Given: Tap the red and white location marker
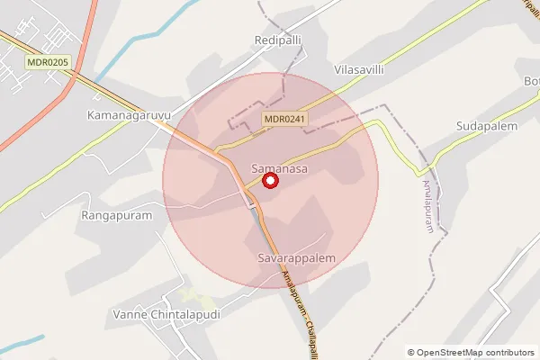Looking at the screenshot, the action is tap(269, 181).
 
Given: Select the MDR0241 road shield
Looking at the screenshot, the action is tap(286, 119).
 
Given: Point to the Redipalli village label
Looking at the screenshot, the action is tap(280, 43).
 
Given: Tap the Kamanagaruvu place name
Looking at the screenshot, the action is tap(128, 116).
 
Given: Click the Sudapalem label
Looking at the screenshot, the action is tap(486, 126).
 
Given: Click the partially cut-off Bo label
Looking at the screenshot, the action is tap(531, 81).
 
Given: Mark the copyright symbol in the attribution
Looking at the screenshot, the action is tap(411, 353).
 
